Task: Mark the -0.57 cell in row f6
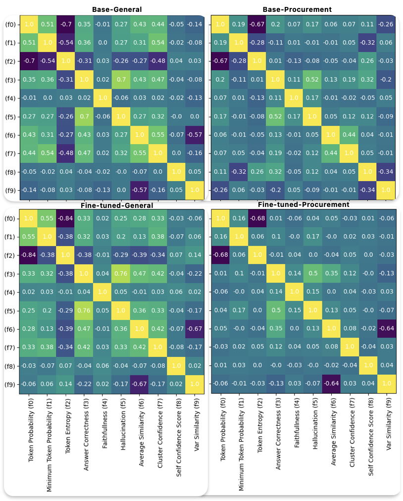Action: [x=195, y=135]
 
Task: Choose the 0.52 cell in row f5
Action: [x=276, y=116]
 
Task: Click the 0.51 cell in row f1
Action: [x=29, y=42]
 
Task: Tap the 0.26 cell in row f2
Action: [x=368, y=61]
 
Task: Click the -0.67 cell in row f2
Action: [x=220, y=61]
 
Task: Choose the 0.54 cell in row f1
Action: [x=158, y=42]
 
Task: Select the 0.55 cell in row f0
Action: [x=47, y=218]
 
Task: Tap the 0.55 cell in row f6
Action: [x=158, y=135]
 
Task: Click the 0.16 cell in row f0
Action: [x=239, y=218]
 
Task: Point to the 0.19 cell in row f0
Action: [x=239, y=24]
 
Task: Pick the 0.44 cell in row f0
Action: [x=158, y=24]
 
